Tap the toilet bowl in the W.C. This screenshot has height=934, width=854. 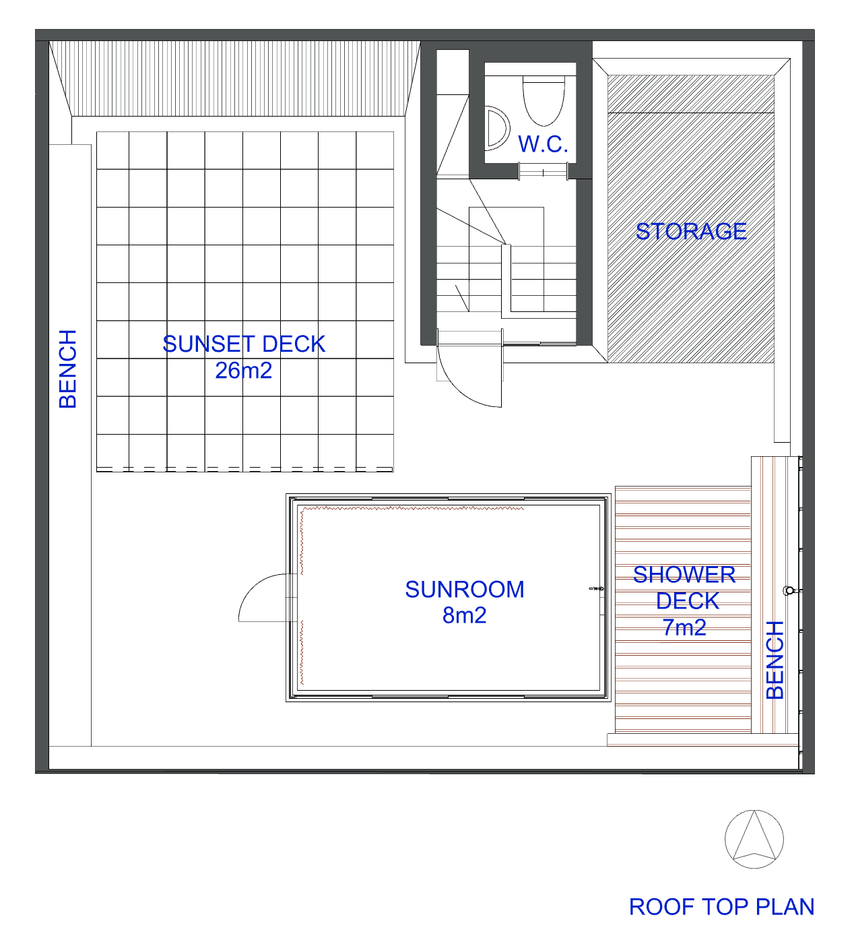click(543, 101)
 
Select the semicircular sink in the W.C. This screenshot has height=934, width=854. click(497, 129)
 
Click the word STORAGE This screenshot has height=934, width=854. click(690, 231)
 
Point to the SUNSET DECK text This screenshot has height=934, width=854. click(244, 344)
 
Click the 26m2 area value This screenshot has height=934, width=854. click(243, 371)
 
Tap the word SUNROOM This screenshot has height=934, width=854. click(465, 590)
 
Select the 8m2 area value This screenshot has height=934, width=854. click(464, 615)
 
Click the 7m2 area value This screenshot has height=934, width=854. click(684, 627)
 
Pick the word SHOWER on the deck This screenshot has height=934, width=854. click(684, 575)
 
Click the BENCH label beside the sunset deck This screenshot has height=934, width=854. click(68, 369)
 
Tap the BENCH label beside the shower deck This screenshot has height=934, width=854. click(775, 660)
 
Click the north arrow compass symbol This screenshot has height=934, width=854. click(754, 840)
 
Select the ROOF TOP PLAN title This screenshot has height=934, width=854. click(721, 907)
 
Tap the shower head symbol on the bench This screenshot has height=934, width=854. click(789, 591)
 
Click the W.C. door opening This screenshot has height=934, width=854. click(543, 172)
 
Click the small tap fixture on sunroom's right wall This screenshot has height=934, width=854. click(595, 589)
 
